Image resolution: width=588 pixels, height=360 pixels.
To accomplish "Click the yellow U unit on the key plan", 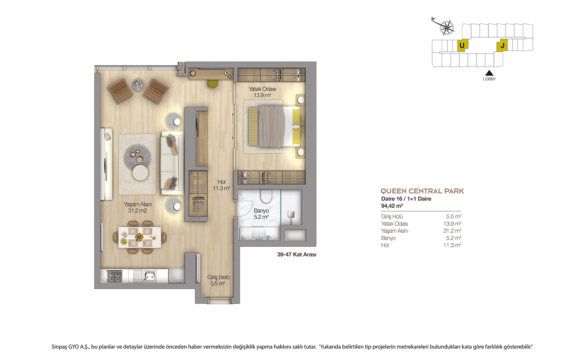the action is [x=462, y=46].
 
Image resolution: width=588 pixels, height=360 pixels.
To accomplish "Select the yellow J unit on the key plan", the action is [x=502, y=46].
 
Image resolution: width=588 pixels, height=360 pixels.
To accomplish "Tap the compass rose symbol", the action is [x=447, y=27].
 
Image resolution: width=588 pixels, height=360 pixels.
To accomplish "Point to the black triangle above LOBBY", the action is [x=489, y=73].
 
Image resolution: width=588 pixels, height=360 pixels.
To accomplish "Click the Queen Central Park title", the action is [x=422, y=191].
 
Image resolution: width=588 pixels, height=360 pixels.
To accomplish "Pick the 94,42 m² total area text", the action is [x=392, y=206].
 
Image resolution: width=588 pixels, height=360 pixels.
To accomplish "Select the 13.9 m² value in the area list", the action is [x=452, y=224].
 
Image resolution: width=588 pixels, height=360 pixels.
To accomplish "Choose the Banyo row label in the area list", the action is [x=388, y=238].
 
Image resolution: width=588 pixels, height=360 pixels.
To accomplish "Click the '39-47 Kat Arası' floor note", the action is [x=297, y=255].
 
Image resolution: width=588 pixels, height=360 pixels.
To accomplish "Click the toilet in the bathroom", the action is [x=266, y=196].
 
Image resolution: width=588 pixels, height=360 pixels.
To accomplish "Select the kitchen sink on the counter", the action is [x=149, y=276].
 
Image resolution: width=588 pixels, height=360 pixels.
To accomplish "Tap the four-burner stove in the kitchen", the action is [x=115, y=277].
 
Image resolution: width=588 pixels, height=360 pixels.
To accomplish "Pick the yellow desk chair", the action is [x=213, y=83].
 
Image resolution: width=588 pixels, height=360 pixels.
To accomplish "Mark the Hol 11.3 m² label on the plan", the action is [x=221, y=185].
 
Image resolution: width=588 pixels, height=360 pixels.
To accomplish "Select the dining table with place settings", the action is [x=139, y=237].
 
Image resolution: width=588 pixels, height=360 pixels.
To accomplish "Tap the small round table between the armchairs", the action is [x=138, y=84].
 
